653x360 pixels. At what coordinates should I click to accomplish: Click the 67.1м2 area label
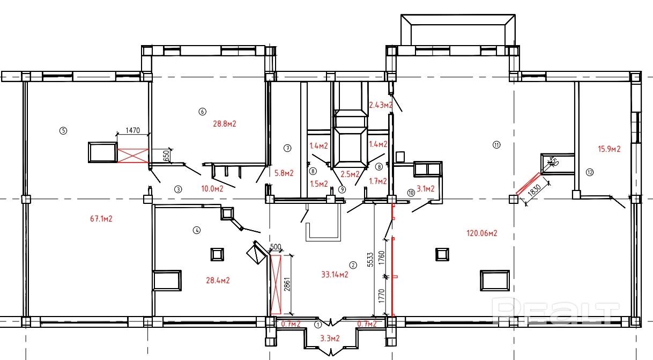102,218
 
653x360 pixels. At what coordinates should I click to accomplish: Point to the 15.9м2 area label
609,149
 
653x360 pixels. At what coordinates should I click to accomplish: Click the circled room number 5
63,130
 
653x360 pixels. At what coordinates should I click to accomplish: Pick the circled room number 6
202,112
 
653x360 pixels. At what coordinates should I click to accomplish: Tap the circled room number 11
496,145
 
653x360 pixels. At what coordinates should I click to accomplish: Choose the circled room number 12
590,172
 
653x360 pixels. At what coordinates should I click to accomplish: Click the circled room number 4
197,230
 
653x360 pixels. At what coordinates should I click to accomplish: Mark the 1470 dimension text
132,130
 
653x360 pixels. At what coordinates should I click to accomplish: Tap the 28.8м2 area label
225,123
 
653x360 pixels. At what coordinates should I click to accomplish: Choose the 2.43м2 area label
380,105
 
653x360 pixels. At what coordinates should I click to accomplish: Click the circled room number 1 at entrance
317,324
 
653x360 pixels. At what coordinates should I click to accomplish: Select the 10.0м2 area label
212,188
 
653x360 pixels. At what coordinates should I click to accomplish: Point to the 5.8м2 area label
284,173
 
